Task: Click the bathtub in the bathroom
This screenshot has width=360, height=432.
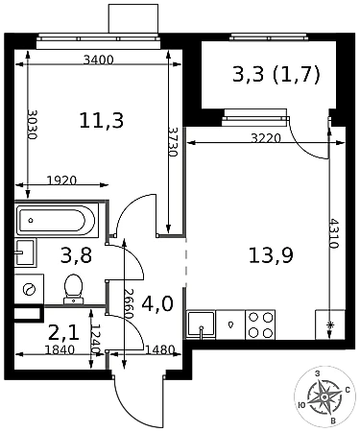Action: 57,220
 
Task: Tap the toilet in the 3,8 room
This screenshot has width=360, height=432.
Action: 74,289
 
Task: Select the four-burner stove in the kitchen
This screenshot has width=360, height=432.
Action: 260,324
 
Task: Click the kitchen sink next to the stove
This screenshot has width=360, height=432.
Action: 201,324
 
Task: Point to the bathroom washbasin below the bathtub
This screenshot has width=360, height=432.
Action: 25,252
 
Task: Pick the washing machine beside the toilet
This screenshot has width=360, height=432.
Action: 29,289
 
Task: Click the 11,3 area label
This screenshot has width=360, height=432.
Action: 102,121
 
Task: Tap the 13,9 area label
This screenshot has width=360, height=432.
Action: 271,255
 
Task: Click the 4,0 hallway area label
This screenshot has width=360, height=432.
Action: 157,303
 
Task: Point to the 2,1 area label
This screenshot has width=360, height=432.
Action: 63,333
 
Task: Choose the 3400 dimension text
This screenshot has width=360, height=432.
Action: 98,60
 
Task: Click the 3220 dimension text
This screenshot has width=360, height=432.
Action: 266,138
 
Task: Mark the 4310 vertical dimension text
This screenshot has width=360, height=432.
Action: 334,233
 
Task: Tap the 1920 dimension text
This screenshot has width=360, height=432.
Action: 61,180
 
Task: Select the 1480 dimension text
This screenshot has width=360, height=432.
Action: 159,349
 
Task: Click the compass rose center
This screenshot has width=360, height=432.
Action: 324,396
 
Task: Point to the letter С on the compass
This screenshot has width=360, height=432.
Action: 348,390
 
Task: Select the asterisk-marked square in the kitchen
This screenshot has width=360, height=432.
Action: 330,324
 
